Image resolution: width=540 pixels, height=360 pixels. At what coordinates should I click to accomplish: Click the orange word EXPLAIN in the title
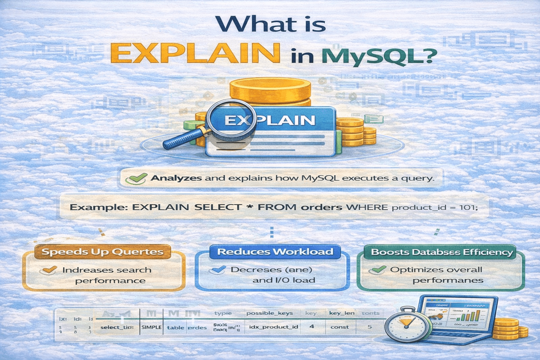point(195,53)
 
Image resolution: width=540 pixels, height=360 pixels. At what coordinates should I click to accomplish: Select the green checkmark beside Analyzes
point(136,178)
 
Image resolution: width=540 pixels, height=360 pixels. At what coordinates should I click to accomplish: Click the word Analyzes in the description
point(176,178)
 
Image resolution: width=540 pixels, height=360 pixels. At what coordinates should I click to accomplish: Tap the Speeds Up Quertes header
point(102,252)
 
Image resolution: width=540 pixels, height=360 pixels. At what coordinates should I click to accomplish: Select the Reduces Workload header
point(275,252)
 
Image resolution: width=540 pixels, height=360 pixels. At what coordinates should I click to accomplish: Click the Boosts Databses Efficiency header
point(442,252)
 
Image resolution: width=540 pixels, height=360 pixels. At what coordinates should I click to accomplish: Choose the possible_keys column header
point(269,313)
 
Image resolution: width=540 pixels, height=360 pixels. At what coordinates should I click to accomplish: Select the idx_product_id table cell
point(273,327)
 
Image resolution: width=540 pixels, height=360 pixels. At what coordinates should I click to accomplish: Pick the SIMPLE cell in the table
point(151,327)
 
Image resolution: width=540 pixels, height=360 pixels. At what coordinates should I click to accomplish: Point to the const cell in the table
point(339,327)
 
